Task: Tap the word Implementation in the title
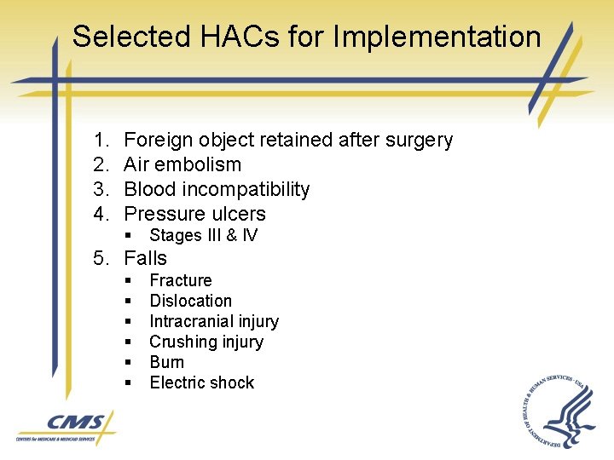tap(437, 37)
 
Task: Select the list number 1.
tap(100, 140)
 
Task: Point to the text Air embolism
tap(182, 164)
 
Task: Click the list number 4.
tap(101, 214)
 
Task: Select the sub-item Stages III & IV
tap(203, 235)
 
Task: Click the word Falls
tap(146, 258)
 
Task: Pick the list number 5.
tap(101, 258)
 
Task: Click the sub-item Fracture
tap(181, 280)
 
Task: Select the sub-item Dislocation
tap(190, 301)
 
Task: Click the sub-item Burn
tap(166, 362)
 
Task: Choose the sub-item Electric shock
tap(201, 382)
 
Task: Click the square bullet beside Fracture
tap(127, 281)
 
